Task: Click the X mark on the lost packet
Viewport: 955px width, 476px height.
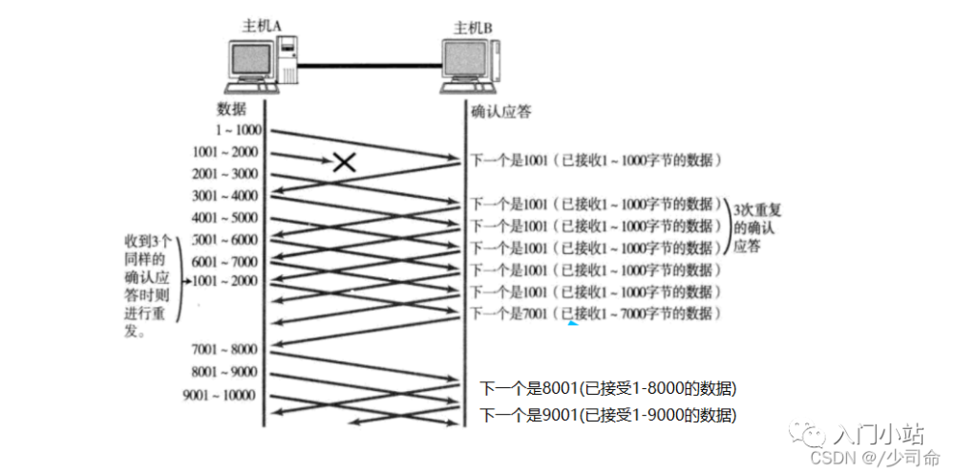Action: [345, 162]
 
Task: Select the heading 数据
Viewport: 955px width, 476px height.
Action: [232, 108]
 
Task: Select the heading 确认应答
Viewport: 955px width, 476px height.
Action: [501, 111]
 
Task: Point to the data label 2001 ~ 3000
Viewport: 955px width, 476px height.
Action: [225, 174]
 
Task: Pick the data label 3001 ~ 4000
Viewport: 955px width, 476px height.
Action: [225, 195]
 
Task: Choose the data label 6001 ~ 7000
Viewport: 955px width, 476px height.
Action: [225, 261]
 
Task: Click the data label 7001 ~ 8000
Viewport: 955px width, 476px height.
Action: [224, 349]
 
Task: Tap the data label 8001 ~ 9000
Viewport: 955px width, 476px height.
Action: [225, 372]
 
